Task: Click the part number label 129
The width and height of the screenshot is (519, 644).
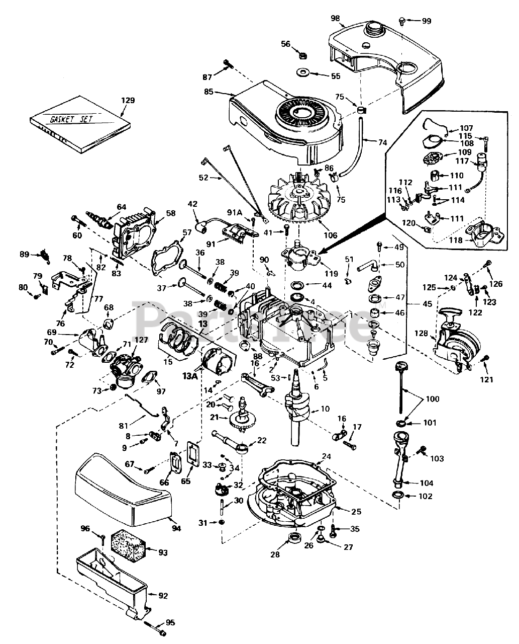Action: [128, 101]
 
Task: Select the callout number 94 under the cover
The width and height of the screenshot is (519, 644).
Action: [176, 528]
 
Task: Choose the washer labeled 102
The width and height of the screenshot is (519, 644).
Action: [399, 497]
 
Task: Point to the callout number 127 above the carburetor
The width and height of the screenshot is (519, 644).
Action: [141, 340]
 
